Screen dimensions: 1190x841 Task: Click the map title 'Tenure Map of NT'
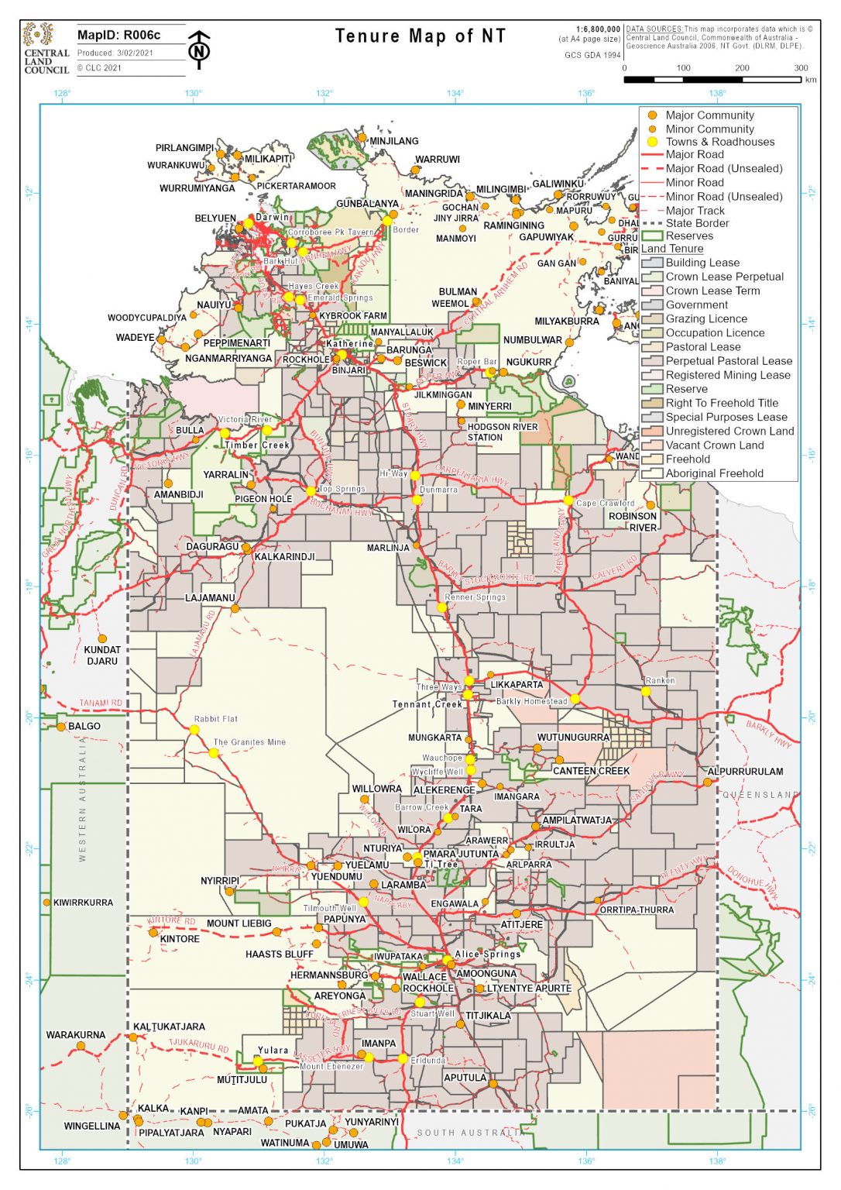coord(420,36)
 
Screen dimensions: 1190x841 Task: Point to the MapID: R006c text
coord(119,35)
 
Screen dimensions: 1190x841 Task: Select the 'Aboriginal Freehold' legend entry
coord(714,473)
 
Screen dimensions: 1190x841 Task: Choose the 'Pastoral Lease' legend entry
coord(702,347)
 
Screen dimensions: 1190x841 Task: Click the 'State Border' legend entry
coord(697,223)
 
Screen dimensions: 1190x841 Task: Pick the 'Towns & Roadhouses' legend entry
coord(719,142)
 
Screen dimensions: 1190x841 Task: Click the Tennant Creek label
coord(427,704)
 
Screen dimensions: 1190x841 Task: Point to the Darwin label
coord(273,218)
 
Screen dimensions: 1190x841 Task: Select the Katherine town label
coord(349,343)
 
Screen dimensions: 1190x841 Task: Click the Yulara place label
coord(273,1051)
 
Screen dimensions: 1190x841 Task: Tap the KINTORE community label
coord(180,939)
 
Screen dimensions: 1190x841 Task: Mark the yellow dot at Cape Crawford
coord(568,500)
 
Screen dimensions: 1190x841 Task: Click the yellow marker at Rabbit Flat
coord(194,730)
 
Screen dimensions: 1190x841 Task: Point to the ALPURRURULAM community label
coord(745,772)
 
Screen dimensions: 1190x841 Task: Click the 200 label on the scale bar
coord(742,68)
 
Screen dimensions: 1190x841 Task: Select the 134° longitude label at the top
coord(455,94)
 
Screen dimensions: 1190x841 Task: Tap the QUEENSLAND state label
coord(760,795)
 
